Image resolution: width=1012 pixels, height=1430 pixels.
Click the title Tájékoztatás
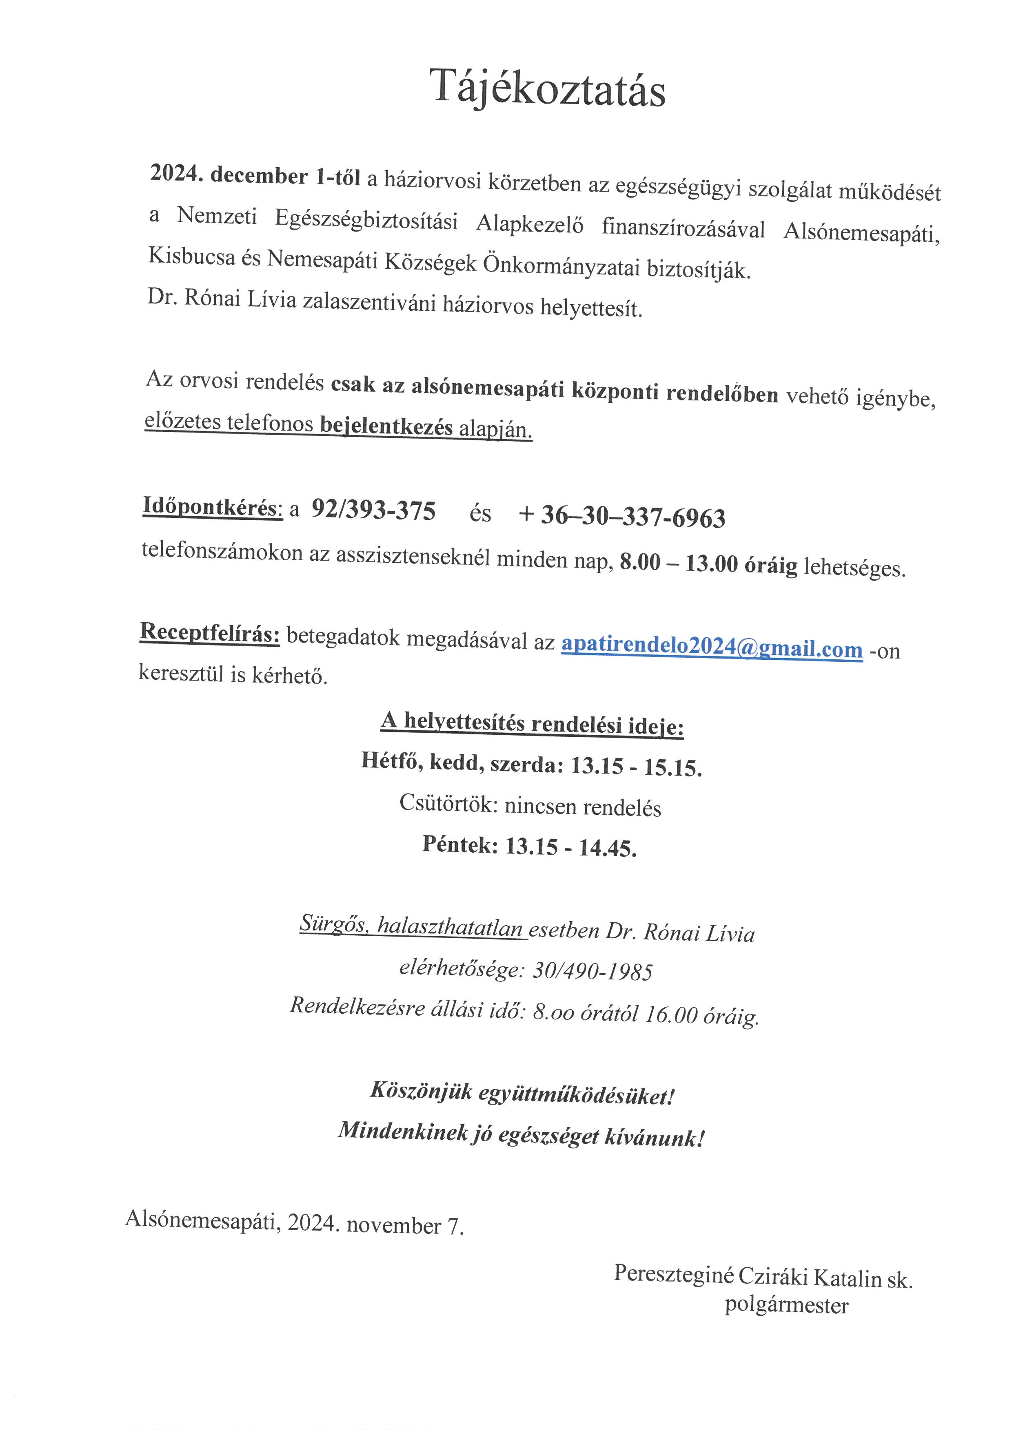tap(548, 89)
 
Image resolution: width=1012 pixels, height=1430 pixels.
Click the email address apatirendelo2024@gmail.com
tap(712, 646)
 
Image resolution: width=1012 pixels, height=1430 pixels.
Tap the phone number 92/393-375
tap(373, 511)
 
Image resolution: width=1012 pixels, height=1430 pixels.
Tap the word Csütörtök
tap(447, 803)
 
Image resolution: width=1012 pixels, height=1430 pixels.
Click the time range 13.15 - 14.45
tap(571, 847)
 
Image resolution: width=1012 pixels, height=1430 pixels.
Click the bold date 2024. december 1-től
tap(255, 176)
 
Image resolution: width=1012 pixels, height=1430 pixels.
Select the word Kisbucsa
tap(191, 256)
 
